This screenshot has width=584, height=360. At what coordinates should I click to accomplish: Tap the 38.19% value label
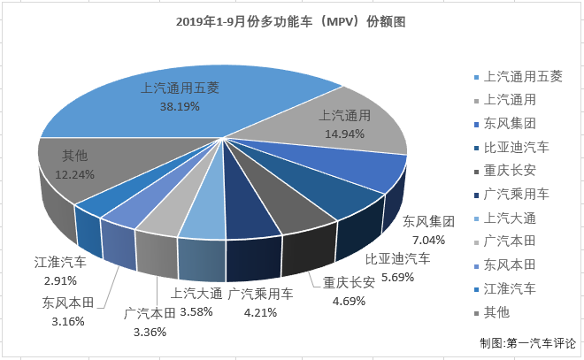180,105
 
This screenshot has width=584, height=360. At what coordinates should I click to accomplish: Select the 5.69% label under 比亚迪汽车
397,274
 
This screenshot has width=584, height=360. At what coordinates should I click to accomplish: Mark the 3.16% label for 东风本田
63,320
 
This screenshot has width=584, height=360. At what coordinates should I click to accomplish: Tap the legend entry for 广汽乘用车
517,193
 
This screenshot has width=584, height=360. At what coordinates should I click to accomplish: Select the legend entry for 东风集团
511,122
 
